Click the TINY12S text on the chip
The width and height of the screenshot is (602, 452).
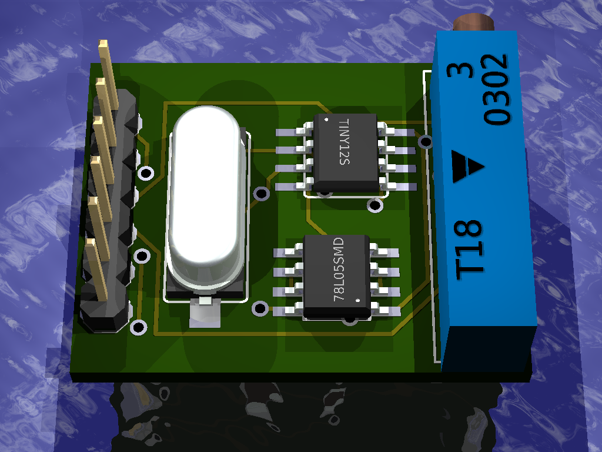click(x=345, y=142)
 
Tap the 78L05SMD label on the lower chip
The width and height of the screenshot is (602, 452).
click(x=338, y=269)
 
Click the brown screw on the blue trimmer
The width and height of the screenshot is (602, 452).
click(x=473, y=22)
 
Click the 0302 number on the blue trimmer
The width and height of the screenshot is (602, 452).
click(x=496, y=89)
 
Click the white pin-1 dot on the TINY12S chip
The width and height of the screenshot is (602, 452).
click(x=326, y=119)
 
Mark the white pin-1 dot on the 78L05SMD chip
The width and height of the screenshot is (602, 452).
click(x=358, y=300)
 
